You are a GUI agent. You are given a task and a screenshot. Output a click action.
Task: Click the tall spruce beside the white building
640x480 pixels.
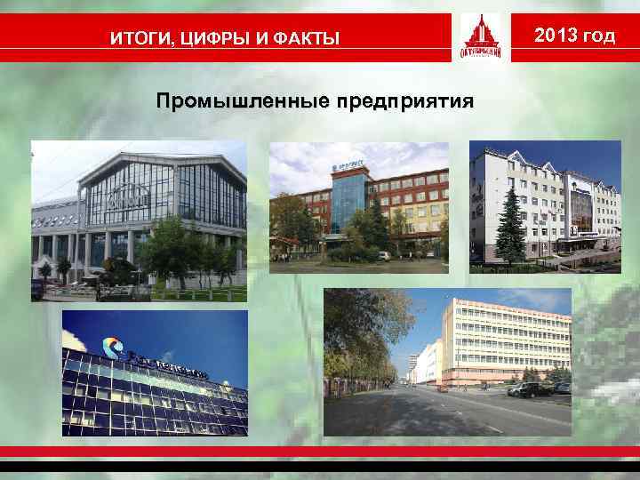[513, 227]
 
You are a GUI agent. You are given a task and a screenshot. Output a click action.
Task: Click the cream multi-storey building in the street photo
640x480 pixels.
[507, 342]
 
